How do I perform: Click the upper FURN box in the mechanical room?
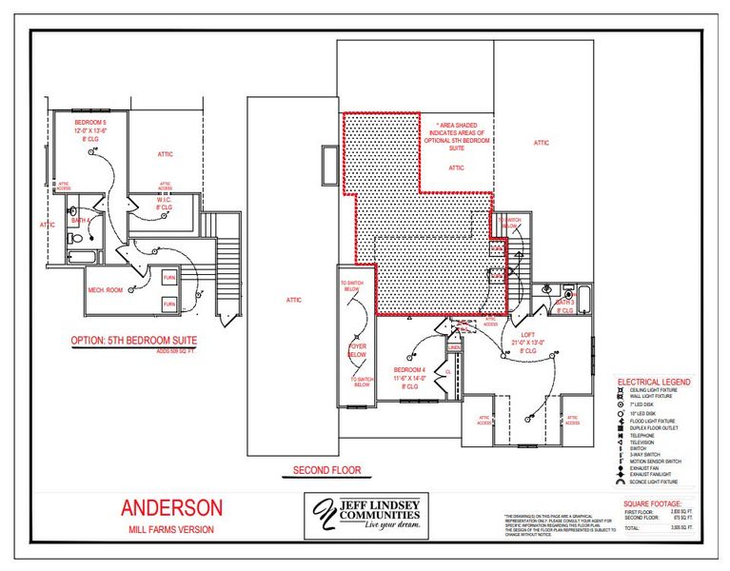click(x=169, y=277)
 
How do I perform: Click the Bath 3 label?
click(x=565, y=305)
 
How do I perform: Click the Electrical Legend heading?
click(x=655, y=382)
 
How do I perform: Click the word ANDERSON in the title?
click(x=171, y=508)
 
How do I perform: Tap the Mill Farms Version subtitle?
click(x=171, y=529)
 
